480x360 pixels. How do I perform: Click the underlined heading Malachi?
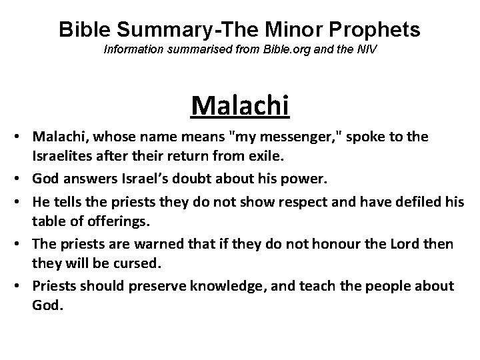point(240,105)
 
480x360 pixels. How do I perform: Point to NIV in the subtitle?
point(363,50)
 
